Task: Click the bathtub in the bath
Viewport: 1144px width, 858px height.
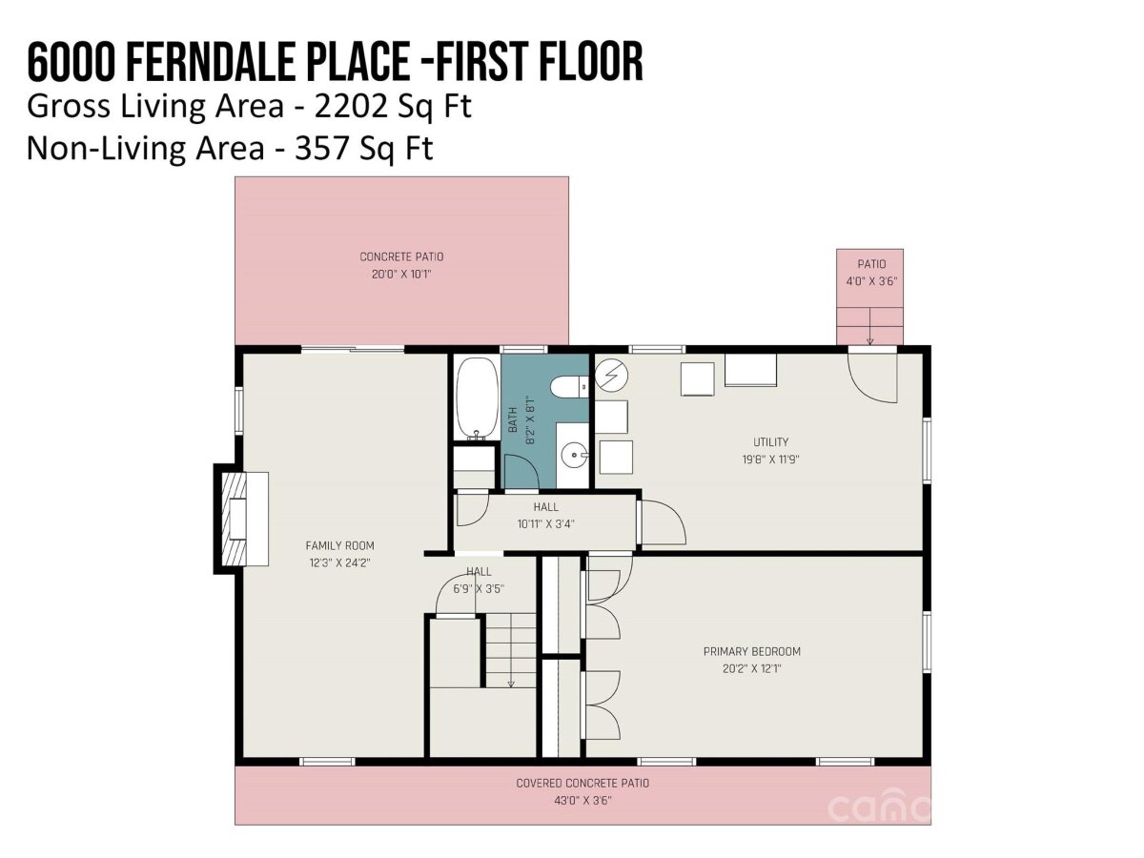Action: (x=476, y=398)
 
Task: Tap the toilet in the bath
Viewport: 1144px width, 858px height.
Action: (x=569, y=387)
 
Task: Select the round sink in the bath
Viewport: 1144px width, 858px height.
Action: (x=574, y=455)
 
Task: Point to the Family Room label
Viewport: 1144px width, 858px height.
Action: (x=339, y=545)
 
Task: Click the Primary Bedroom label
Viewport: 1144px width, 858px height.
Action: (x=751, y=651)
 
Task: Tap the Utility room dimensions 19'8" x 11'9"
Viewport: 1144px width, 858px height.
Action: (x=769, y=459)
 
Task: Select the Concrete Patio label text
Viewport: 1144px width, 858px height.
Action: (x=400, y=256)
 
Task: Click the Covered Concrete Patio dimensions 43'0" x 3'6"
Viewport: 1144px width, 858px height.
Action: (x=582, y=800)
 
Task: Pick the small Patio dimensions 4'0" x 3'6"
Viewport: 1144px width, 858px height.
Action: (x=871, y=281)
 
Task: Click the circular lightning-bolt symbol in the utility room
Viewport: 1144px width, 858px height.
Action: (x=610, y=375)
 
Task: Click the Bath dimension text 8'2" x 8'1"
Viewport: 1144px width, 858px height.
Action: (x=530, y=419)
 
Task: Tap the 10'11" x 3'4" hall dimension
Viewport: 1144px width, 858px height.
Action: (x=545, y=523)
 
